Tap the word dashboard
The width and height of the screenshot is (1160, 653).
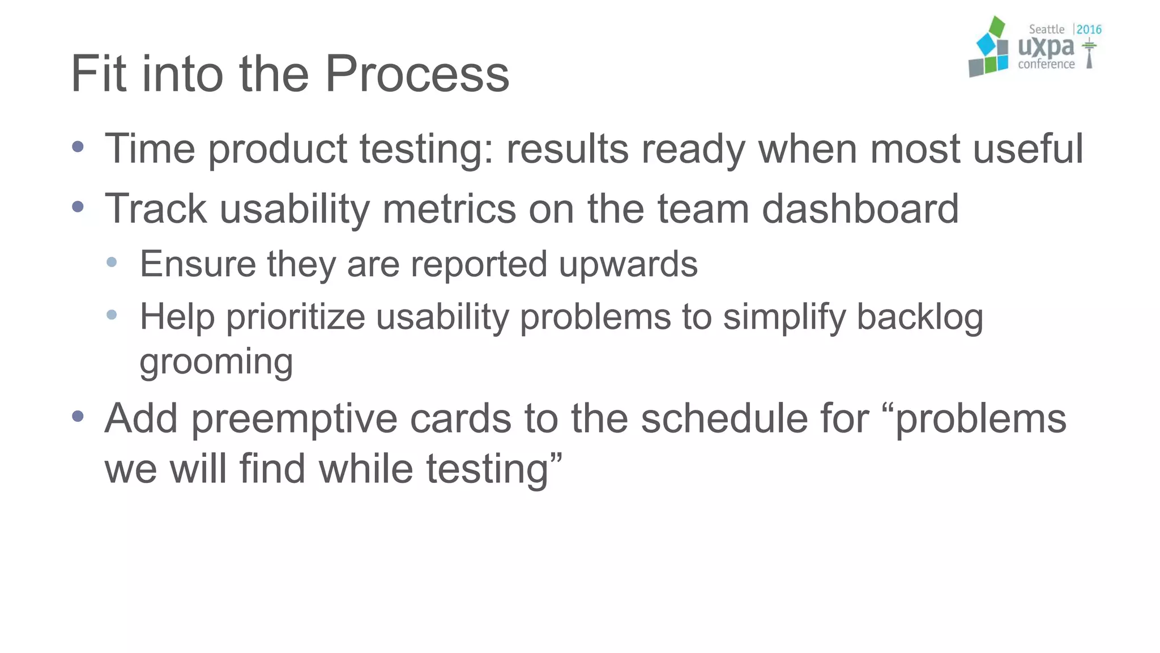click(x=860, y=209)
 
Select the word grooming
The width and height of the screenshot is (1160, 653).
click(x=216, y=363)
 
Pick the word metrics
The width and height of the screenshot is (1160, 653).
click(x=449, y=209)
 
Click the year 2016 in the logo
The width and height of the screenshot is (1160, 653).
click(x=1089, y=29)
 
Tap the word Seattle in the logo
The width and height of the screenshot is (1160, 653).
click(x=1046, y=29)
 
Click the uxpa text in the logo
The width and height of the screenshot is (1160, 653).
click(x=1046, y=48)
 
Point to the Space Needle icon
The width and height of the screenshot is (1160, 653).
click(x=1089, y=54)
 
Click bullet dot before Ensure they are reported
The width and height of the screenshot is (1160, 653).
click(x=112, y=262)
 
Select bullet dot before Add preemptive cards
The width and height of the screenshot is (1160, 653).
click(x=78, y=417)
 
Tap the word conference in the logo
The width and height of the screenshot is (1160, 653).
click(x=1046, y=65)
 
